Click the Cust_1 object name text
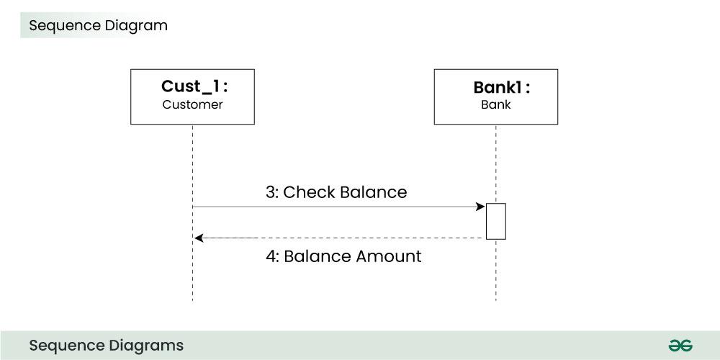(193, 87)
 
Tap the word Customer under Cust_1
(192, 105)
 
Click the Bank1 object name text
(501, 88)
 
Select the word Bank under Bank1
(495, 105)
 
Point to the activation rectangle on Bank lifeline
(495, 221)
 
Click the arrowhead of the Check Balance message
(480, 207)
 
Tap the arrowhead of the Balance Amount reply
(199, 238)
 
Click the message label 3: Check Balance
(336, 192)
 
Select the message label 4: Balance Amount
(343, 256)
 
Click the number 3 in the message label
(271, 192)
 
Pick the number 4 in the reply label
(271, 256)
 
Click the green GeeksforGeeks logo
(680, 346)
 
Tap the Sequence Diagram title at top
(98, 26)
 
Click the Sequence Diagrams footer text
(106, 346)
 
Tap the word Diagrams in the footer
(148, 346)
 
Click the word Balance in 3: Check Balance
(373, 192)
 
